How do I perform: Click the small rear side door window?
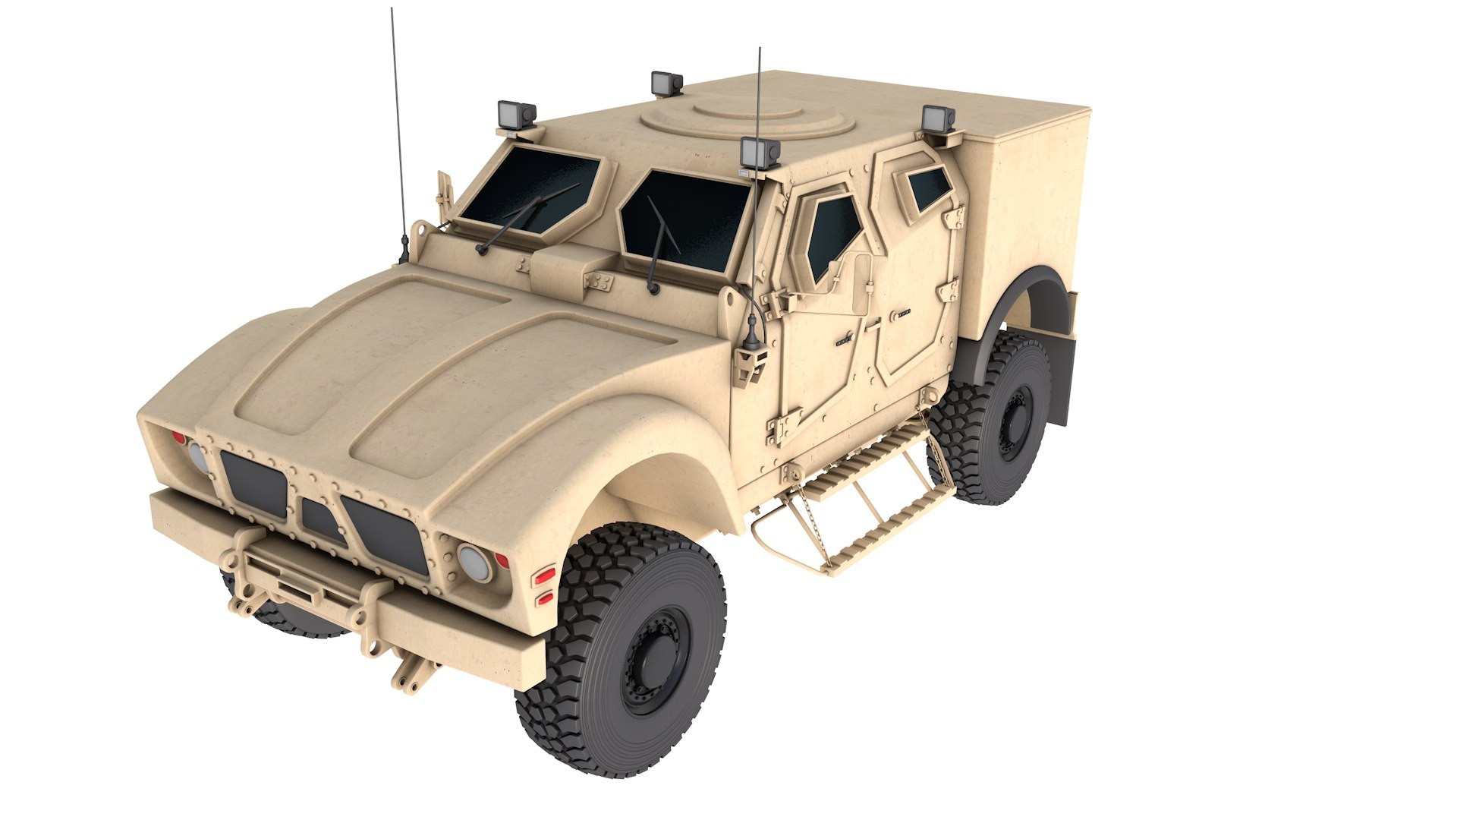[x=927, y=187]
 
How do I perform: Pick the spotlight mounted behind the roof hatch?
[x=667, y=83]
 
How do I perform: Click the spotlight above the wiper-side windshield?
[x=516, y=115]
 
